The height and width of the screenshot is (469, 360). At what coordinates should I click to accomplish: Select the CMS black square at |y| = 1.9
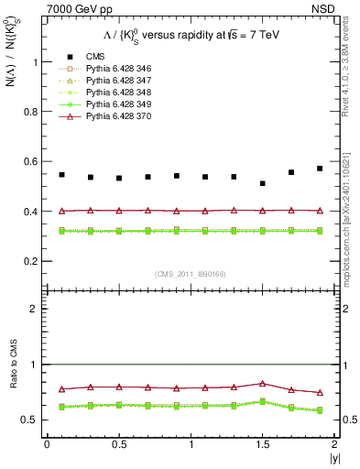tap(320, 169)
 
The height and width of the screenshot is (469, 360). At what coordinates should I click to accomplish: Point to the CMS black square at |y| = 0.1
tap(61, 174)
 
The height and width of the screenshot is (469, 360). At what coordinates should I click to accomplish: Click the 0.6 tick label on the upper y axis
tap(33, 162)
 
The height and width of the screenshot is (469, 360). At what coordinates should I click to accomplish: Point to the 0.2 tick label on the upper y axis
tap(33, 261)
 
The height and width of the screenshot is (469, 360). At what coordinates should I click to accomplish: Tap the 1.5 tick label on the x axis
tap(263, 444)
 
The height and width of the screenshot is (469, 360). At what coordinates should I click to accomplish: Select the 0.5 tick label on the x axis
tap(119, 444)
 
